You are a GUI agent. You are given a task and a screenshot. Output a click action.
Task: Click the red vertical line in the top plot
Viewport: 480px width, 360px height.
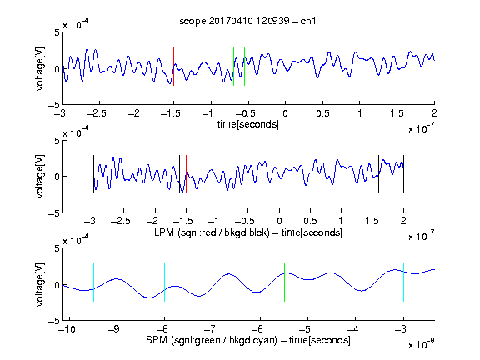(x=173, y=67)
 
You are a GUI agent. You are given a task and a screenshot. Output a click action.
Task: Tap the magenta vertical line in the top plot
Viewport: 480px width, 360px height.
(x=397, y=67)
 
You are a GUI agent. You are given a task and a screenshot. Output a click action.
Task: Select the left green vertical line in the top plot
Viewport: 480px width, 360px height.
(x=233, y=67)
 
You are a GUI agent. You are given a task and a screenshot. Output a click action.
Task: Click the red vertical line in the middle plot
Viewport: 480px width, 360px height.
(x=186, y=174)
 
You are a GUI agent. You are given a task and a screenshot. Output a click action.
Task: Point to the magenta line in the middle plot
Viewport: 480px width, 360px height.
(x=372, y=174)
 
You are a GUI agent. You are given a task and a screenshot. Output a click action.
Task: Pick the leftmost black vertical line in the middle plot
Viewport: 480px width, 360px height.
(x=93, y=174)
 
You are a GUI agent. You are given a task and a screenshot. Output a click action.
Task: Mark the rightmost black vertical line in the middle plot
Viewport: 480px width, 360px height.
(x=403, y=174)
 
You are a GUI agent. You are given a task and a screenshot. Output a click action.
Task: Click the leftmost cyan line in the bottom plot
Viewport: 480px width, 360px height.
(x=93, y=282)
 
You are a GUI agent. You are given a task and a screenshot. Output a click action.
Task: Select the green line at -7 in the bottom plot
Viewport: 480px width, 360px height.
(x=212, y=282)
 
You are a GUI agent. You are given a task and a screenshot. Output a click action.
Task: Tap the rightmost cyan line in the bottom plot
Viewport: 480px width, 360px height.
(x=403, y=282)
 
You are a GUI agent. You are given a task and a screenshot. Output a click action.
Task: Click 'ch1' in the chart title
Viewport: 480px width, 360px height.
(x=308, y=21)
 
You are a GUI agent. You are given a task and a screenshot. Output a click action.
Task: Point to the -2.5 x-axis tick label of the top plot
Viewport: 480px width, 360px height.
(x=96, y=113)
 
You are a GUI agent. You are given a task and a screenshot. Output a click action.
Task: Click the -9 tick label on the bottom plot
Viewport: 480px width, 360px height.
(x=114, y=329)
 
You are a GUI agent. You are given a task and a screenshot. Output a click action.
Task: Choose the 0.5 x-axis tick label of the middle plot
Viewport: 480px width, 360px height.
(x=310, y=221)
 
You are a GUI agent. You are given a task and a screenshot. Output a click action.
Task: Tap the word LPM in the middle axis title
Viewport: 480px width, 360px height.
(x=164, y=232)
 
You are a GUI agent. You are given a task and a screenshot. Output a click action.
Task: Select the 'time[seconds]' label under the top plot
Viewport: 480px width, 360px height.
(x=248, y=124)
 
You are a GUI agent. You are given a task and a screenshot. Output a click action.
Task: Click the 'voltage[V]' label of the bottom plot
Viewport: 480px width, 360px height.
(x=40, y=284)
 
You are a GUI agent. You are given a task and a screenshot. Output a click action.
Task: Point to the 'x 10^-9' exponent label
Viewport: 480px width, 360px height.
(x=421, y=344)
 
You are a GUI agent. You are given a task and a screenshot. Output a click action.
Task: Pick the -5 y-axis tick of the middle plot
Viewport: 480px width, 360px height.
(x=54, y=213)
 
